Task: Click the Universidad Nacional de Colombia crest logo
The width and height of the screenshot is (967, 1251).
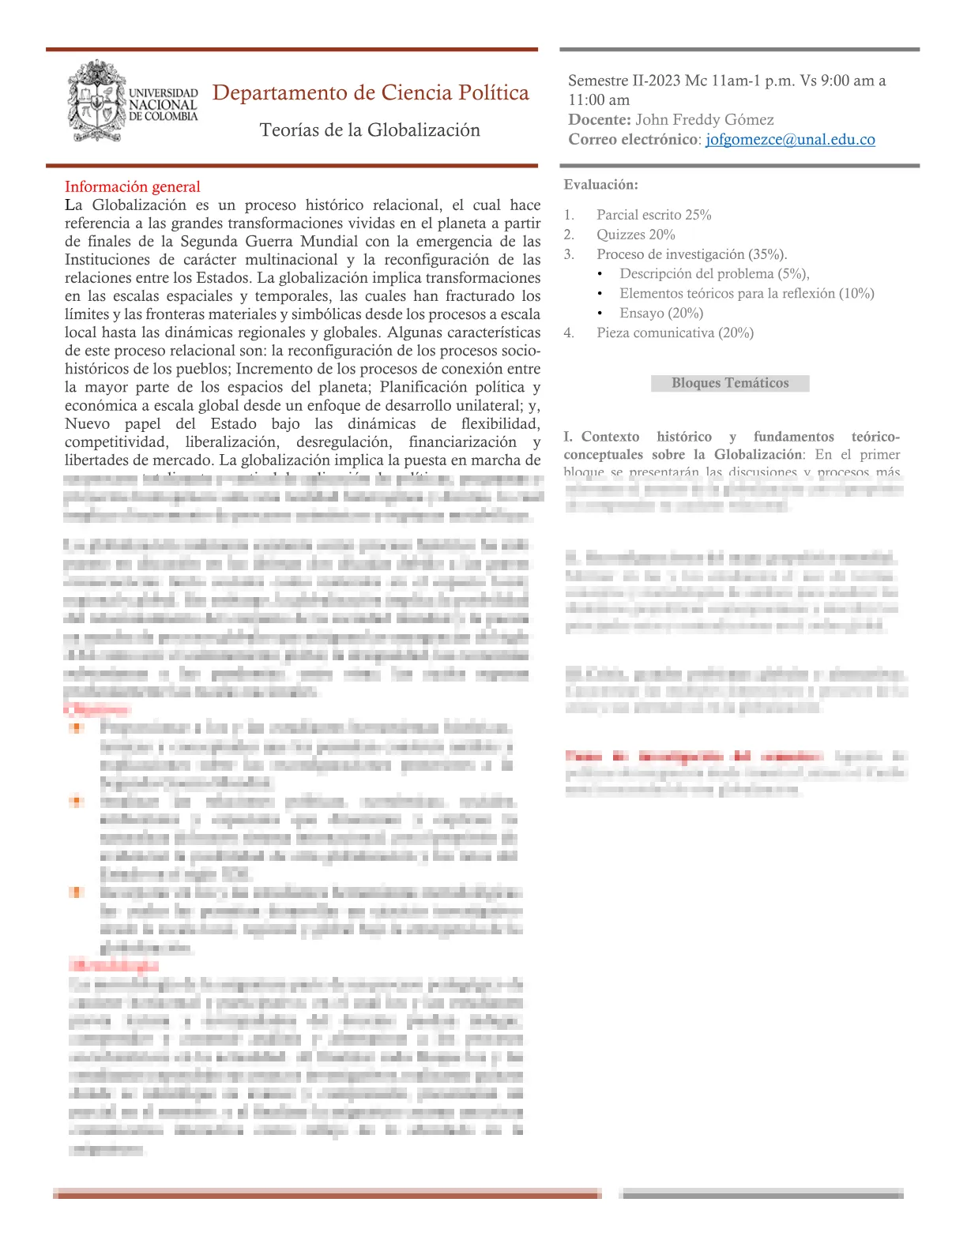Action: tap(97, 101)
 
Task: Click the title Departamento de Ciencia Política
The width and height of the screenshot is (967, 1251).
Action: tap(371, 93)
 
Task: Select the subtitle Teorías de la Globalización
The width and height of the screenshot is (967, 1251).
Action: tap(370, 130)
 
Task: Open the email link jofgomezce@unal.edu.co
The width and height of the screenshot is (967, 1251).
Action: tap(790, 140)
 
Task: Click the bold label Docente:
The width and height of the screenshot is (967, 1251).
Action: tap(599, 120)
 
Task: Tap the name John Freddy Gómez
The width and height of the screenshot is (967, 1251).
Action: tap(705, 120)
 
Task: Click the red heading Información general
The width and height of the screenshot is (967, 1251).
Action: tap(133, 186)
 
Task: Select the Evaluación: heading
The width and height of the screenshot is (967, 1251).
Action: tap(600, 185)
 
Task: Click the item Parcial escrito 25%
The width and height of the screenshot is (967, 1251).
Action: tap(653, 215)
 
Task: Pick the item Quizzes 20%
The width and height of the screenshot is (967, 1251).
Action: tap(635, 235)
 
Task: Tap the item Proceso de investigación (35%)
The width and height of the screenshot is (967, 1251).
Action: tap(691, 254)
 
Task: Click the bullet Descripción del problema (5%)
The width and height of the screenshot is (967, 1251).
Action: tap(714, 274)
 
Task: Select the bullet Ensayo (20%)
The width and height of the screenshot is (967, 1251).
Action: tap(661, 314)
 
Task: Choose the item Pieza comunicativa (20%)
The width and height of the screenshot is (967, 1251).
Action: tap(675, 333)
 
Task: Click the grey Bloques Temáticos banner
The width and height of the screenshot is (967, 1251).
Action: tap(730, 383)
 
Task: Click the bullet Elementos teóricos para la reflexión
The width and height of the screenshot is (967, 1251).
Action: tap(746, 294)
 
